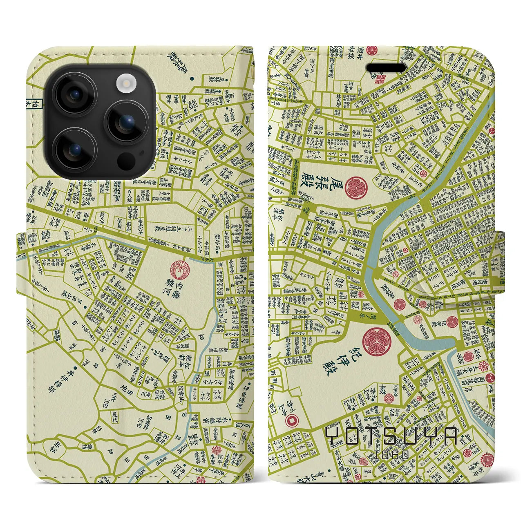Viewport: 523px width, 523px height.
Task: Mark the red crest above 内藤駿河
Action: pos(179,269)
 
